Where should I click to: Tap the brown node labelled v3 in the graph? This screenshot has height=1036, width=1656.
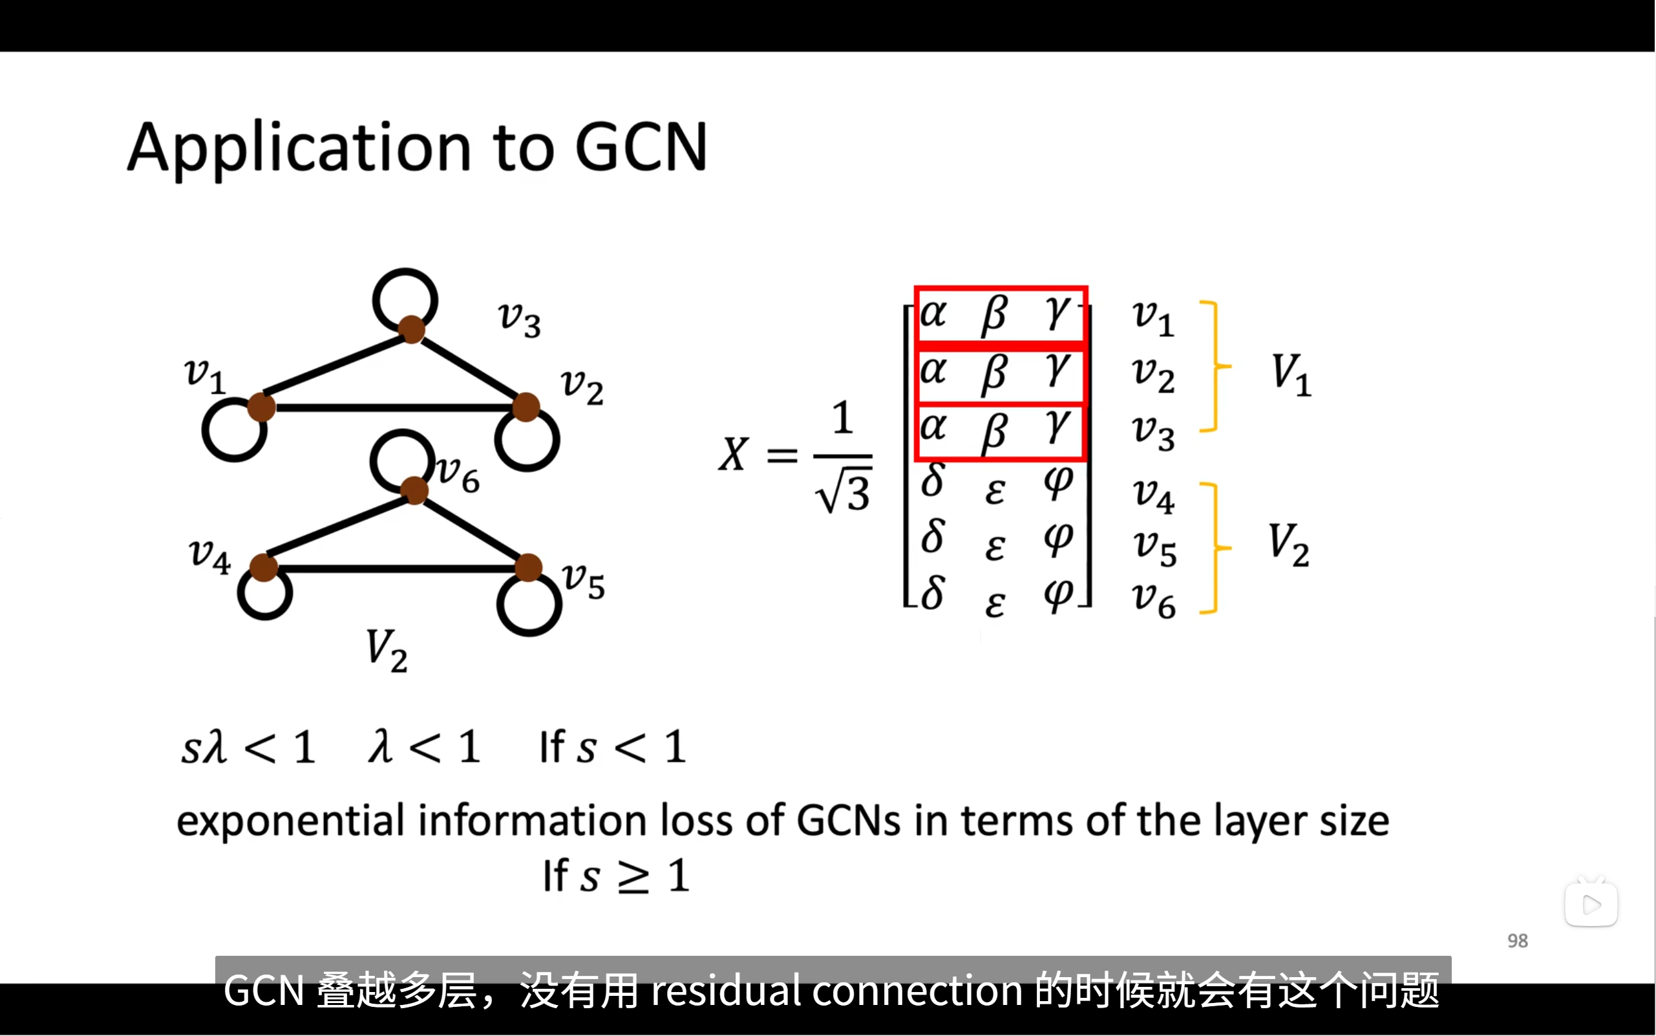[x=412, y=330]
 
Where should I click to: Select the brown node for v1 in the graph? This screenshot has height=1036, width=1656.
[x=261, y=407]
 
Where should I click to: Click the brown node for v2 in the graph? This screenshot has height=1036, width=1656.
[x=526, y=407]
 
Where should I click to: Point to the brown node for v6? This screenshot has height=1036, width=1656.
[x=414, y=491]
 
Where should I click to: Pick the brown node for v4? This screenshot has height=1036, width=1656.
[x=263, y=567]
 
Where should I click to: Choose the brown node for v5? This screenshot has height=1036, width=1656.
[x=528, y=567]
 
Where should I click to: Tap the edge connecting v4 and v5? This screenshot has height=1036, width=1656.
[x=396, y=568]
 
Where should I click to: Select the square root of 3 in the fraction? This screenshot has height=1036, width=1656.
[x=844, y=492]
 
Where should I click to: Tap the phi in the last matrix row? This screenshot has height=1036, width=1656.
[x=1058, y=595]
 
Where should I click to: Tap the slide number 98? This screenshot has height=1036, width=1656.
[x=1517, y=941]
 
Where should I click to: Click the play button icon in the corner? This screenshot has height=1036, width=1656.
[x=1591, y=905]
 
